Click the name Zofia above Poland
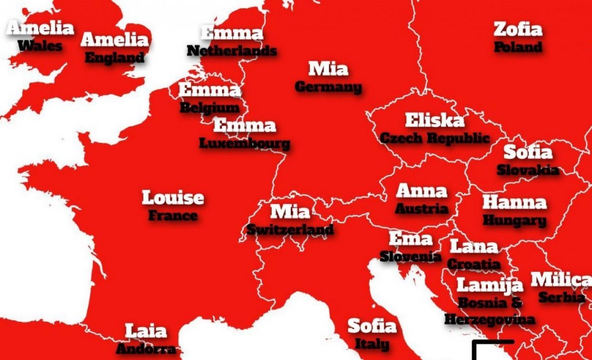517,29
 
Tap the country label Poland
518,47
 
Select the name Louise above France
173,198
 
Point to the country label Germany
328,87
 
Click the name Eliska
434,120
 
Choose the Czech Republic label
434,138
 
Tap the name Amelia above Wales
40,28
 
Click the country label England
114,57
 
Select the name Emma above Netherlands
231,33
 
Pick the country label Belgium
209,107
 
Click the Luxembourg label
245,143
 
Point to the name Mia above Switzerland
290,211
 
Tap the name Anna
421,191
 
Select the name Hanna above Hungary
514,202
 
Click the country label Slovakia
528,170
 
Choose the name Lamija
490,284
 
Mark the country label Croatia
474,264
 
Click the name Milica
560,280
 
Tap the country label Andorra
146,349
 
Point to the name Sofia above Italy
372,326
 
